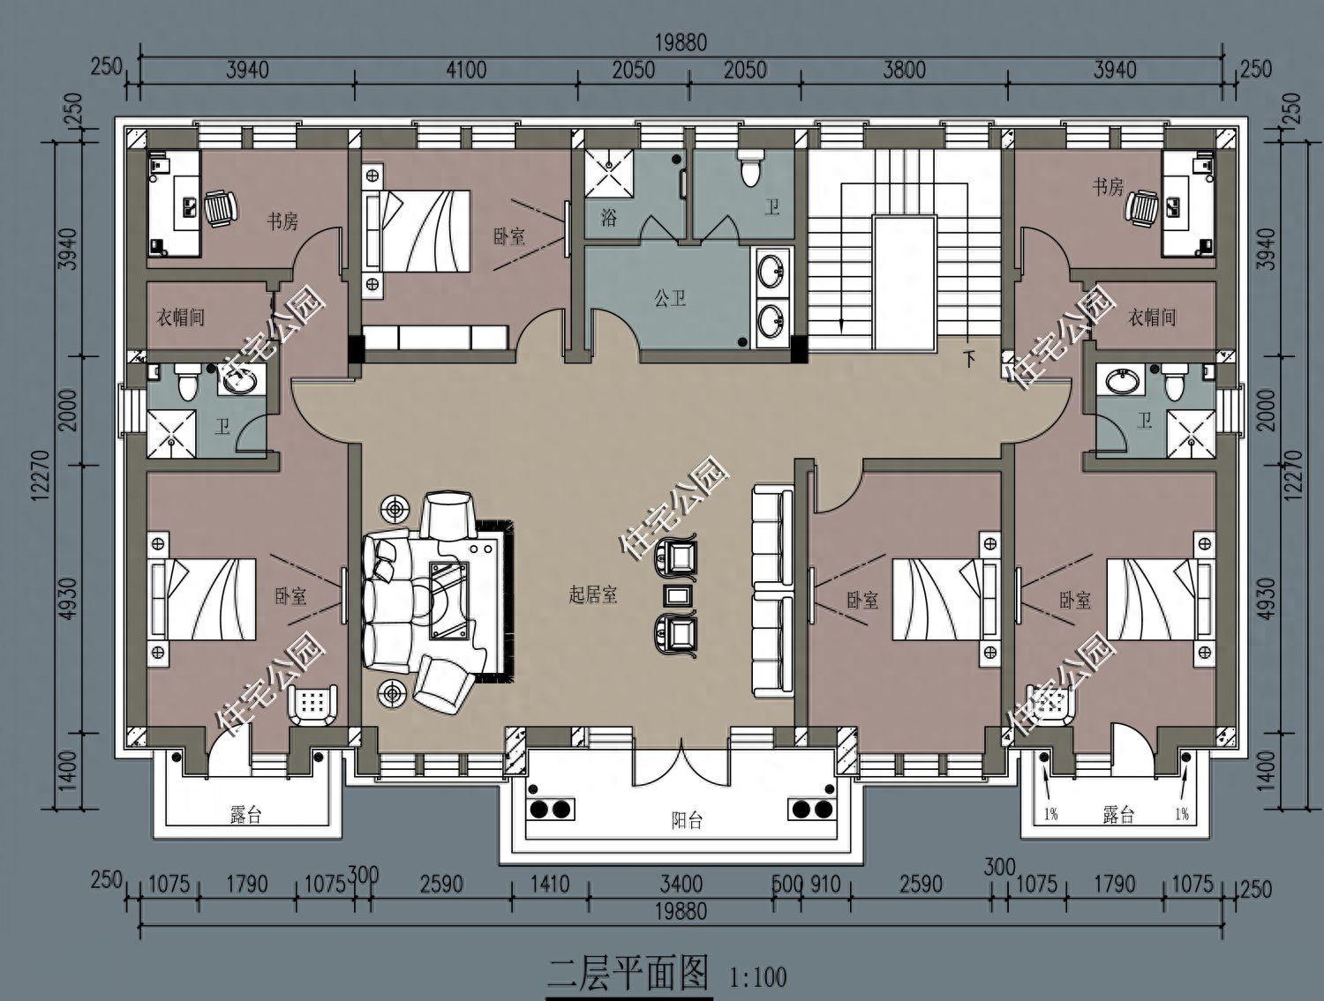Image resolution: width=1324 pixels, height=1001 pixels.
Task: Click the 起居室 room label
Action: coord(593,595)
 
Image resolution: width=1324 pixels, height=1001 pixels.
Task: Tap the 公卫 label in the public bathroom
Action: coord(670,298)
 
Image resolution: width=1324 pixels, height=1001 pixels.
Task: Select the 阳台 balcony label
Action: coord(687,820)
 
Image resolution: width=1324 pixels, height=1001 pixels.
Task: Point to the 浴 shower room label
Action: coord(609,218)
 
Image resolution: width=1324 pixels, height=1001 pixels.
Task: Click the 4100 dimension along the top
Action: coord(466,70)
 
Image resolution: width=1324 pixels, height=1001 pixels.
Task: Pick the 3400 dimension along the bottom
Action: coord(681,884)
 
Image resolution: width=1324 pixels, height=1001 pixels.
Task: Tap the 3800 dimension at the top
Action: coord(904,70)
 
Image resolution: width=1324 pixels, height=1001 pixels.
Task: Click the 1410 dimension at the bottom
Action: coord(550,884)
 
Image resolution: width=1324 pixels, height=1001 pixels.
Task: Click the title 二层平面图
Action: coord(628,972)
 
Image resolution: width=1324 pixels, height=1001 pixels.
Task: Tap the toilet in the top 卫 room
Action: coord(750,168)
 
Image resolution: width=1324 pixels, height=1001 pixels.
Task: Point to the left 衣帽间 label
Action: coord(180,317)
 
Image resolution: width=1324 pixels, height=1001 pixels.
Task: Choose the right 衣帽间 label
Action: coord(1152,317)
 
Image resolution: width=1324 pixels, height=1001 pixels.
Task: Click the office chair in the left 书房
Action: coord(220,208)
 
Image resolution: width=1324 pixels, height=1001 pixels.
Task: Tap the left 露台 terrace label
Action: coord(246,816)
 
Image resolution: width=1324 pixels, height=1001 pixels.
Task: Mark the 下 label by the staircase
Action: coord(969,359)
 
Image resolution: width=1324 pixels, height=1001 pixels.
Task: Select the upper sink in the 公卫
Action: coord(771,270)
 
